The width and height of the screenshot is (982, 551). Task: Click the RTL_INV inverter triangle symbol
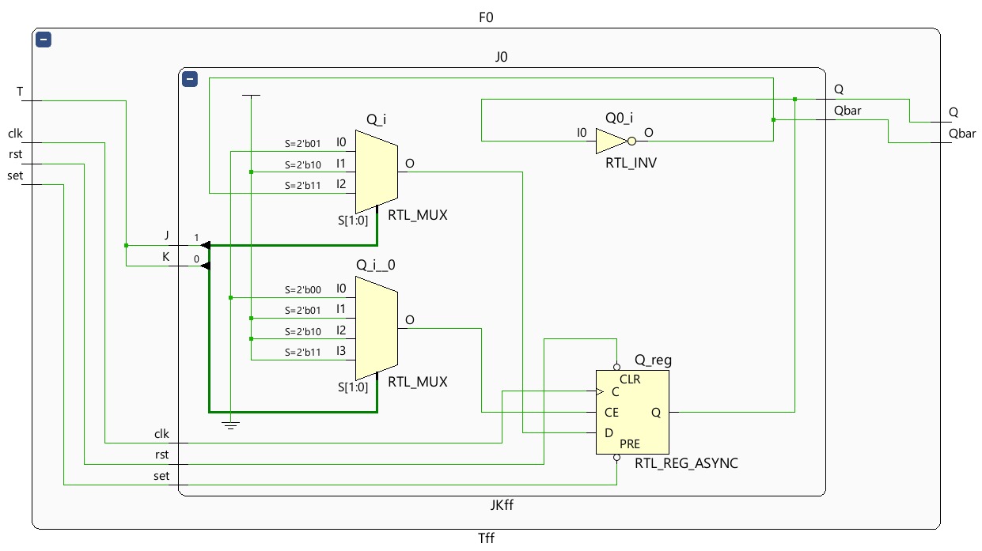[611, 142]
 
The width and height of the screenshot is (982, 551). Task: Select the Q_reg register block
[631, 412]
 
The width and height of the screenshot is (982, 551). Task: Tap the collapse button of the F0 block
[44, 40]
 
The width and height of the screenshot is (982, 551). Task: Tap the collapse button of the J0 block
[189, 79]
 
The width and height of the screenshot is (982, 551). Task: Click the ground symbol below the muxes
[230, 425]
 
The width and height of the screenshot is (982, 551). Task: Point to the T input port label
[20, 92]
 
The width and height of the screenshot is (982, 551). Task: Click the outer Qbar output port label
[962, 134]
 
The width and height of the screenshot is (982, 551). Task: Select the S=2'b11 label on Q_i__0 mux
[302, 352]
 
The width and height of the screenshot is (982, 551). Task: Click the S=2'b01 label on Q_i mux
[302, 144]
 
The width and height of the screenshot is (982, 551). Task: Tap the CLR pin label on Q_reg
[630, 379]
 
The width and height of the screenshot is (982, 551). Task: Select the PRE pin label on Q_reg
[630, 444]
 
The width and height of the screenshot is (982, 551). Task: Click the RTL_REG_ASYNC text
[686, 463]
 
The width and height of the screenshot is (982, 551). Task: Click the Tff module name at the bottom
[486, 538]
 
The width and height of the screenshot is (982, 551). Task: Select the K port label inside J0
[166, 257]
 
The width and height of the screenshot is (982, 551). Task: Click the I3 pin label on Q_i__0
[341, 351]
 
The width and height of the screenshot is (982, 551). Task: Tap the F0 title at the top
[486, 17]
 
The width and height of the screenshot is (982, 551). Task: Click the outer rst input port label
[15, 154]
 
